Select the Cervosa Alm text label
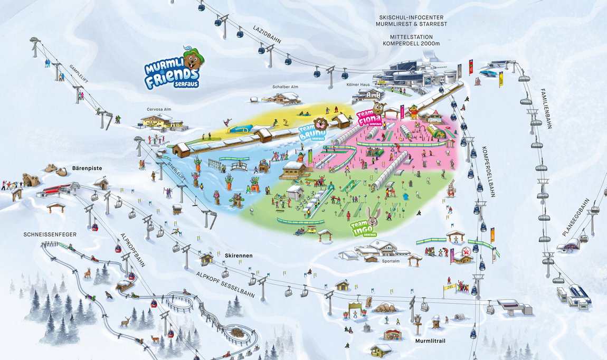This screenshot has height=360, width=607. pos(159,109)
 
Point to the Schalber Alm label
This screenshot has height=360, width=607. pos(286,87)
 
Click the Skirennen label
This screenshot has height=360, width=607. pos(239,255)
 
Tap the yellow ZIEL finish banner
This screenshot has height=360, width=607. pos(448,288)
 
